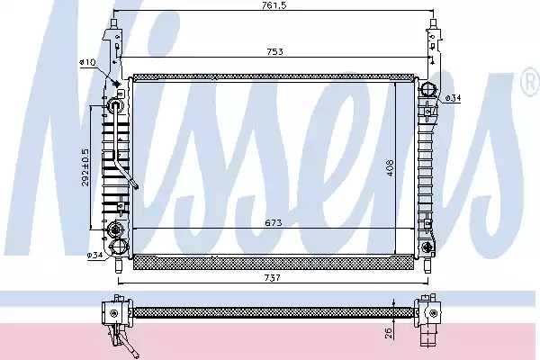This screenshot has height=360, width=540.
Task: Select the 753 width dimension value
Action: (274, 51)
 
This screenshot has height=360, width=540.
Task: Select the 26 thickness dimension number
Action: (387, 333)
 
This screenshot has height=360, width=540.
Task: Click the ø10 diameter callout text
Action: (88, 62)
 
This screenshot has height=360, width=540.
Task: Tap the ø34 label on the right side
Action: (454, 98)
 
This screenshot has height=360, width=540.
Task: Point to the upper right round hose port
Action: (429, 89)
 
